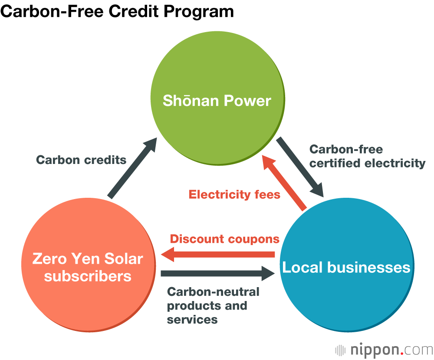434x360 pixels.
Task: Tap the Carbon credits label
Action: (81, 160)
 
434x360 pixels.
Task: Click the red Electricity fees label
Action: (234, 194)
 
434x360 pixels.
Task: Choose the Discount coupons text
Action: (224, 239)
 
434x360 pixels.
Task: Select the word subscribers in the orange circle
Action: (88, 276)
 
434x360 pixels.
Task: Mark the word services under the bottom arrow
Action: (192, 320)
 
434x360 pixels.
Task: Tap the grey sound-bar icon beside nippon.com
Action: (341, 350)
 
